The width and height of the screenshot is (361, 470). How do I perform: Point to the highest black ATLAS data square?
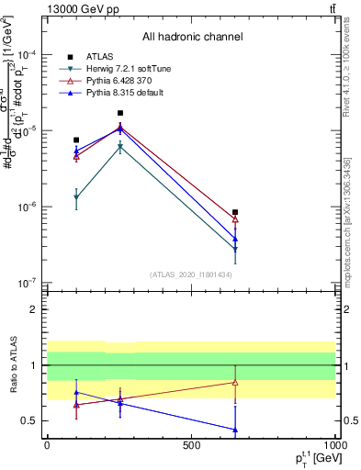[x=120, y=113]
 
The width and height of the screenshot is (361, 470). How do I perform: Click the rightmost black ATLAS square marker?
[x=236, y=212]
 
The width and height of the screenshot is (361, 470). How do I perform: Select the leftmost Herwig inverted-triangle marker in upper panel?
[x=76, y=198]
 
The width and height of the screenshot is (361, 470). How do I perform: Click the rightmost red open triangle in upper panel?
[x=236, y=219]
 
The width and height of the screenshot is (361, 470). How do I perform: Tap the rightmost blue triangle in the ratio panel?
[x=236, y=430]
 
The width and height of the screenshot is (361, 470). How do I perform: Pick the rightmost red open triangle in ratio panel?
[x=236, y=382]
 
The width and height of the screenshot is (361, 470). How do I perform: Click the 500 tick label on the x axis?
[x=191, y=444]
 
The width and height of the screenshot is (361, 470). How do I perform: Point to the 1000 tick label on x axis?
[x=335, y=444]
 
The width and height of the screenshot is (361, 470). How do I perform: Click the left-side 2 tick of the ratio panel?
[x=39, y=309]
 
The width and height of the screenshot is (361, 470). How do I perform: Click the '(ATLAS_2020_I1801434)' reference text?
[x=191, y=274]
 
